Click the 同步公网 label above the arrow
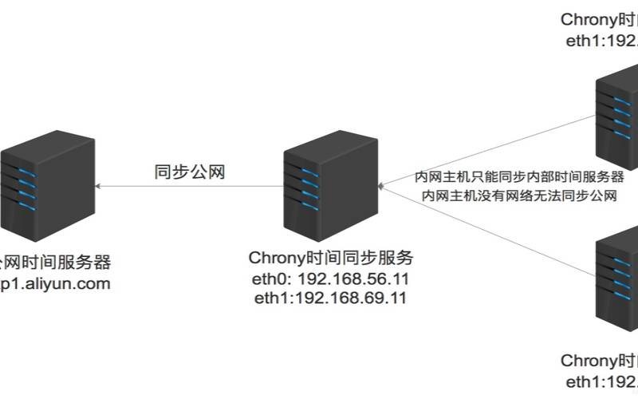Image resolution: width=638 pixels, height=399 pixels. tap(190, 172)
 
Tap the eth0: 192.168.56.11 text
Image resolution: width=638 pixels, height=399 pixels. tap(330, 280)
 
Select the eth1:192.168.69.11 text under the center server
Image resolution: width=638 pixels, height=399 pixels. tap(330, 299)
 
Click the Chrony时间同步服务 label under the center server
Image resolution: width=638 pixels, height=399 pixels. tap(330, 259)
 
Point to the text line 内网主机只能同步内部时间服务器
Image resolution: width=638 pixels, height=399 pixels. tap(519, 176)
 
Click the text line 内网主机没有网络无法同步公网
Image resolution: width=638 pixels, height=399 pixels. tap(519, 196)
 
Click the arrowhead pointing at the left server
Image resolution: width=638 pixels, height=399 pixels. tap(97, 186)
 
